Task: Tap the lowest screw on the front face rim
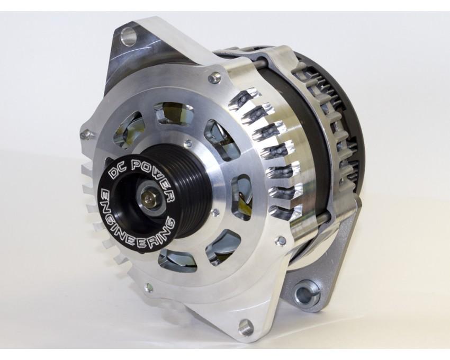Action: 149,289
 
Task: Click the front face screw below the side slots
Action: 282,241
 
